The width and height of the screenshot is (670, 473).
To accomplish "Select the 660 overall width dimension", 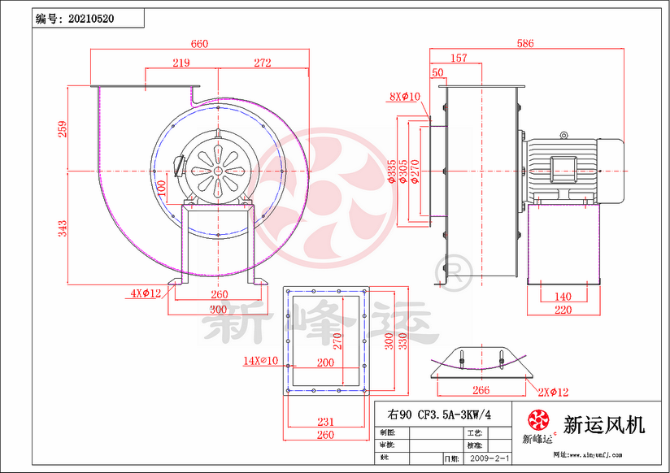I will coord(199,44).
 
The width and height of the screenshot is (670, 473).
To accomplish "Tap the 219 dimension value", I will coord(181,63).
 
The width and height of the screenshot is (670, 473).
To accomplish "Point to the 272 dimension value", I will coord(262,63).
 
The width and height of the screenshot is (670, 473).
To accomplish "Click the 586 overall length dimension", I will coord(525,44).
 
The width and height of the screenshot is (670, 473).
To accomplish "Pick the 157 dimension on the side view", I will coord(459,58).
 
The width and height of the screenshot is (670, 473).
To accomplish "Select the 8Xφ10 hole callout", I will coord(404,97).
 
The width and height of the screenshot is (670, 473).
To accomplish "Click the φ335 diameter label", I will coord(392,172).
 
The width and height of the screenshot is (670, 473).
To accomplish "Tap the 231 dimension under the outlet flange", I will coord(325,421).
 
